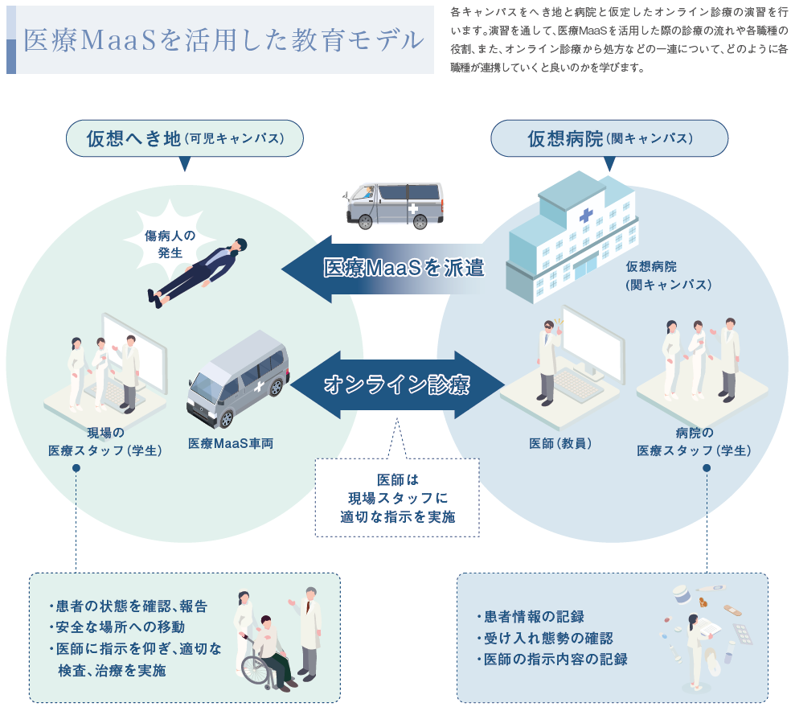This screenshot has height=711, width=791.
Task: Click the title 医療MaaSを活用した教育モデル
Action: [223, 40]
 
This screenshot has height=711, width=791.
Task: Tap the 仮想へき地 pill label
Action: [184, 138]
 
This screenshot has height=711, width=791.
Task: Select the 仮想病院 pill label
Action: [609, 138]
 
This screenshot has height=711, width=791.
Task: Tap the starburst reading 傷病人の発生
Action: [170, 244]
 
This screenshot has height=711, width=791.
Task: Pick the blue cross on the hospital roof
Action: [584, 216]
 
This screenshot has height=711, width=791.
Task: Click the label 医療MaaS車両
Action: [231, 443]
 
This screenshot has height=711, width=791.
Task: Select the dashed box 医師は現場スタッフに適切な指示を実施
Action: [397, 498]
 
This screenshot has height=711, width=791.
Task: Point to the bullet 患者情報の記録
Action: [531, 617]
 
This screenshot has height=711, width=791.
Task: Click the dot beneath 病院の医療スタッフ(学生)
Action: [707, 467]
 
